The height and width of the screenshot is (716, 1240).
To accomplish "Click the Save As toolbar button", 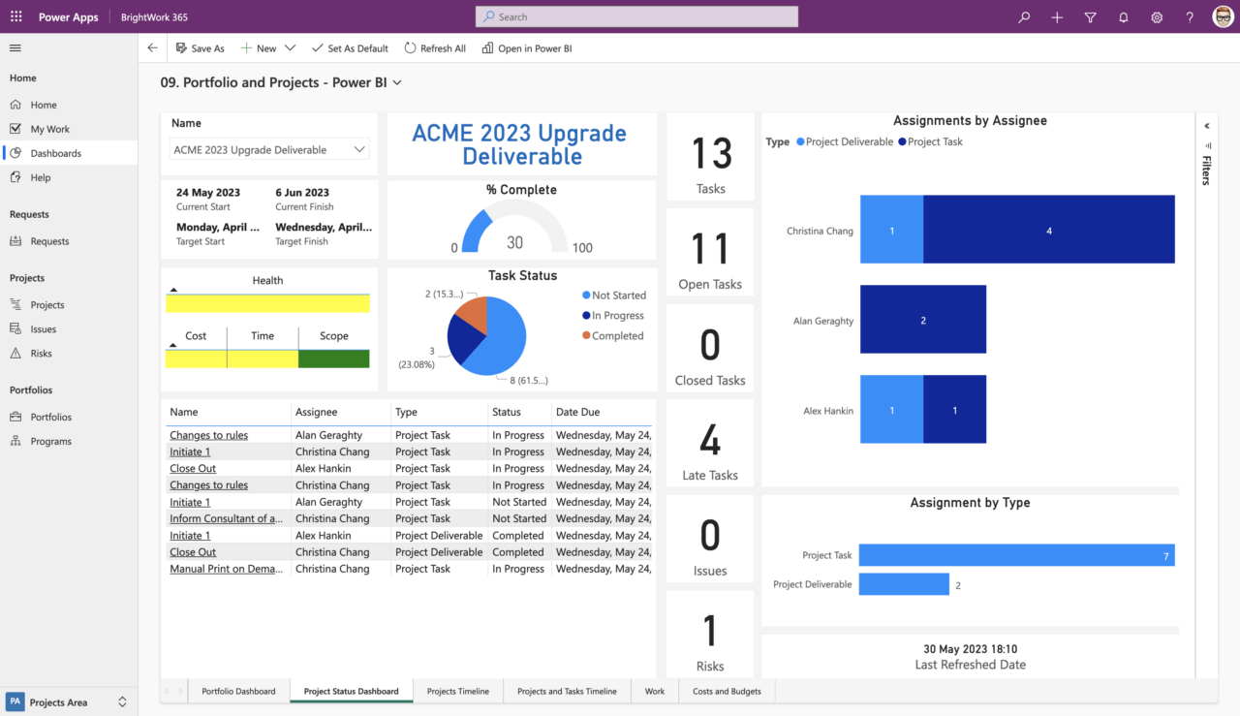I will (x=200, y=48).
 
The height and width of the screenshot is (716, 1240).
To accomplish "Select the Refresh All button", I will (x=435, y=48).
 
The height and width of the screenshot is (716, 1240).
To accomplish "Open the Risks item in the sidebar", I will (x=41, y=354).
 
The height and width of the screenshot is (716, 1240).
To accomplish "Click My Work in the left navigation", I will (x=49, y=129).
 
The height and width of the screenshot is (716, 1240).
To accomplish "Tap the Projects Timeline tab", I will (x=458, y=691).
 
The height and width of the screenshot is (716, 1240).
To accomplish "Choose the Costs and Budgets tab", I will (x=727, y=691).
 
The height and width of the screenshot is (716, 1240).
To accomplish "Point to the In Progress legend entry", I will (x=618, y=316).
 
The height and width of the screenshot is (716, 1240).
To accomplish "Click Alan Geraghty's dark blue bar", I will (x=922, y=320).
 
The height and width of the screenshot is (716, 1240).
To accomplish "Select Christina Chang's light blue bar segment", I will (x=891, y=230).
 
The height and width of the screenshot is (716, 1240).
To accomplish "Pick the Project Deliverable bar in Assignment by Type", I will (x=903, y=584).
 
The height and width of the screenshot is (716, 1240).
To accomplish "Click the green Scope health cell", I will (x=333, y=358).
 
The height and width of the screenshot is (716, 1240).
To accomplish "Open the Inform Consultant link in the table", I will (x=226, y=518).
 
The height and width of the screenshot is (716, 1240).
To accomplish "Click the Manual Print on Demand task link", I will (x=226, y=569).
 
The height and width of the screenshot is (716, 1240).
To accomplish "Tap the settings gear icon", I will (x=1157, y=17).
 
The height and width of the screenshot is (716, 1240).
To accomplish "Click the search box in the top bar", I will (x=636, y=16).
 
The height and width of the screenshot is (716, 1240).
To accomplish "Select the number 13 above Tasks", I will (x=710, y=154).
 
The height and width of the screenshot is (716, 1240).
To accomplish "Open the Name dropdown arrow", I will (x=359, y=149).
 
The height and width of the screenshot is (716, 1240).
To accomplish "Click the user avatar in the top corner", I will (x=1223, y=16).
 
